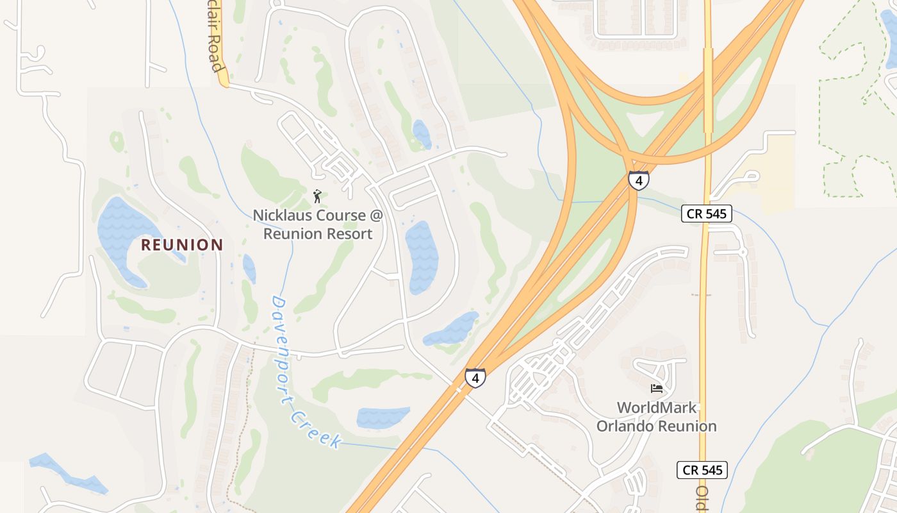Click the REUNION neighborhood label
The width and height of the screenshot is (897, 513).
(182, 244)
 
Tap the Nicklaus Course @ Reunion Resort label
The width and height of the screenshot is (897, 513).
(318, 224)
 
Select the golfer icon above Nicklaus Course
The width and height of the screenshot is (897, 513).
(317, 196)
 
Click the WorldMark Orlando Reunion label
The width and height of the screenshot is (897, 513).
(657, 417)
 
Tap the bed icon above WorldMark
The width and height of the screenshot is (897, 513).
(656, 389)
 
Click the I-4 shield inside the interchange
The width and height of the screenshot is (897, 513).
(638, 180)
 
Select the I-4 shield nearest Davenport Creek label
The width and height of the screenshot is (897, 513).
(475, 378)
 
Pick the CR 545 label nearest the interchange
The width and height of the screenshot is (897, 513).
(706, 214)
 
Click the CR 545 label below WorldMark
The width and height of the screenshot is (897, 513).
(702, 470)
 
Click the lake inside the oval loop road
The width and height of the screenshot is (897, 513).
(422, 256)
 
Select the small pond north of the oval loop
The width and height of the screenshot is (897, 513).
(422, 134)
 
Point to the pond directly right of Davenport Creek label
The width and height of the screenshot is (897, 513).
(383, 417)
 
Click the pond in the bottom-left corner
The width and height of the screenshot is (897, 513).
(70, 475)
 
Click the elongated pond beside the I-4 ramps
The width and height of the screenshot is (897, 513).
(452, 328)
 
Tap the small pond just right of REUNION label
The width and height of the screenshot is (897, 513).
(249, 269)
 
